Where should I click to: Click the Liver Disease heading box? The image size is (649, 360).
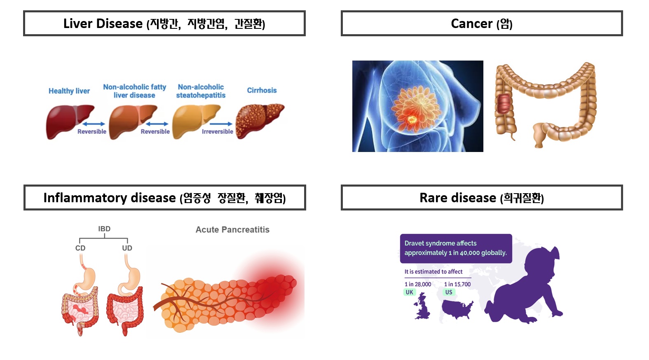164,23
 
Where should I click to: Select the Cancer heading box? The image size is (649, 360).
482,23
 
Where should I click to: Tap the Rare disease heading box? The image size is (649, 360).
482,198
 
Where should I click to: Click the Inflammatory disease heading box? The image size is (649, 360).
164,198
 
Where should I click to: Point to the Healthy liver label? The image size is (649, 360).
69,91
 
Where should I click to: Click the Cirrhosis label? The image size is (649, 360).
262,90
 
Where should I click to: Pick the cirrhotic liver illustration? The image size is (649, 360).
260,122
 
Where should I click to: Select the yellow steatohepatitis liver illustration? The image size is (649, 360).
196,122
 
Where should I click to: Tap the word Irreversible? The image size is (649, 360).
217,131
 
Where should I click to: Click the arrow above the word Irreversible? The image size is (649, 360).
221,124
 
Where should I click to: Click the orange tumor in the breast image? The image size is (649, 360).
411,119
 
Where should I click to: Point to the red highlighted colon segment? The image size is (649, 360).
504,103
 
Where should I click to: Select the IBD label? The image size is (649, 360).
104,229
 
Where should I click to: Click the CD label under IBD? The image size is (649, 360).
80,248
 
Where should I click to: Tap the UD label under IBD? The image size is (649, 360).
127,248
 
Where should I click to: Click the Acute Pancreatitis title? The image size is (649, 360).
232,230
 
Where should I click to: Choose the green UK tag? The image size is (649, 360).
410,292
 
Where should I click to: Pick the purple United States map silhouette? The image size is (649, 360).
457,309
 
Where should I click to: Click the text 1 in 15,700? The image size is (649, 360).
457,284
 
